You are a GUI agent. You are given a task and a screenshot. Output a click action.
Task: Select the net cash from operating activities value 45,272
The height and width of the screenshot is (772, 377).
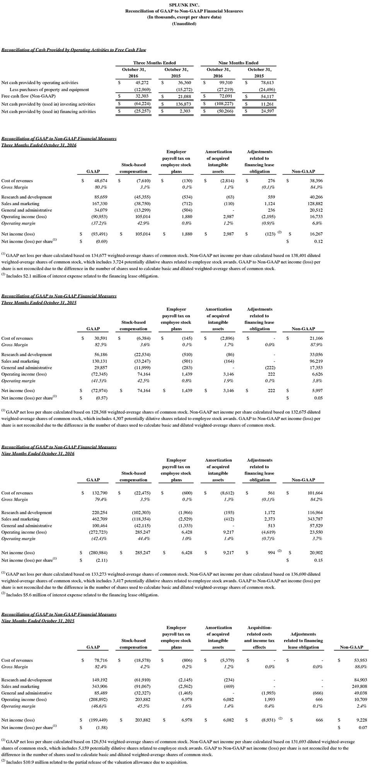click(x=142, y=82)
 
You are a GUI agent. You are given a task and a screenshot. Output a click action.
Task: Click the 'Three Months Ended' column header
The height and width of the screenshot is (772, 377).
click(x=154, y=63)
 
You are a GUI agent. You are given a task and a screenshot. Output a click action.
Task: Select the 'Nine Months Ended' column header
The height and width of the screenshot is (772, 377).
click(x=238, y=63)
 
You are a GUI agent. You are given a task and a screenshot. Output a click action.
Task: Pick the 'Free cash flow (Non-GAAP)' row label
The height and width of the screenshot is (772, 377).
click(x=29, y=96)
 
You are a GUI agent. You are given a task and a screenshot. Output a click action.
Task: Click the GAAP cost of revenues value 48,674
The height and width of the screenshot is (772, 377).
click(x=101, y=180)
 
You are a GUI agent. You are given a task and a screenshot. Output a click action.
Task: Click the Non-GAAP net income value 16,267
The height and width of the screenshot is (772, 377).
click(x=316, y=234)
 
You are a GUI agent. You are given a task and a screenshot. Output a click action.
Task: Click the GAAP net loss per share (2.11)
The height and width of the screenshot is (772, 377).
click(x=102, y=560)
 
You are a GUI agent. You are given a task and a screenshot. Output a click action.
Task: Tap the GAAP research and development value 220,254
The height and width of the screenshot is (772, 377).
click(x=99, y=512)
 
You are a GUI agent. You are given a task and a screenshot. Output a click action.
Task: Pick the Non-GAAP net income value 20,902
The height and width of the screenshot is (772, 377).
click(x=316, y=553)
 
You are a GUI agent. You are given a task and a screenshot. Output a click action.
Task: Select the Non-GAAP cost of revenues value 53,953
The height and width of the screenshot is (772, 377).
click(x=359, y=660)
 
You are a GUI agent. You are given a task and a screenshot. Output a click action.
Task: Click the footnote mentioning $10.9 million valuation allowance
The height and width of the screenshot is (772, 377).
click(x=97, y=762)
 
